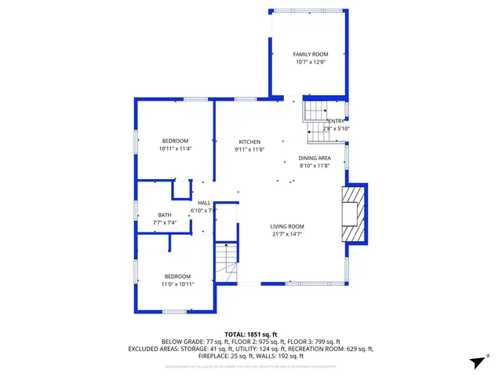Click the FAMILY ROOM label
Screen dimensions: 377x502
(x=308, y=54)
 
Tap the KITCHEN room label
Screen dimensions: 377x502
(x=249, y=142)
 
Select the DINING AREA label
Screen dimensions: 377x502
(x=315, y=158)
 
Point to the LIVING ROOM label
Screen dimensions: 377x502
(x=288, y=226)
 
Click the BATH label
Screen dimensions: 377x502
(x=164, y=215)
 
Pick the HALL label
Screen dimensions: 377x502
(x=204, y=203)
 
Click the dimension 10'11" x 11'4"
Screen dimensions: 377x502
(x=175, y=148)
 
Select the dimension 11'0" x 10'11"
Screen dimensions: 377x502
(x=177, y=284)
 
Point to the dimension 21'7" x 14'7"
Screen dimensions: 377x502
(x=288, y=234)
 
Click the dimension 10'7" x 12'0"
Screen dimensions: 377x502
(x=308, y=62)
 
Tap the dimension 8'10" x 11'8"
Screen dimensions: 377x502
(x=315, y=166)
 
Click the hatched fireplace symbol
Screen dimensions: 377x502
(x=354, y=214)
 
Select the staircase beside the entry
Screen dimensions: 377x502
(x=316, y=118)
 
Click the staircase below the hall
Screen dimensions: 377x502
(x=226, y=263)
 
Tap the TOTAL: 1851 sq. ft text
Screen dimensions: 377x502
(x=251, y=335)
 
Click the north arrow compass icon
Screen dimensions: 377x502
(x=475, y=361)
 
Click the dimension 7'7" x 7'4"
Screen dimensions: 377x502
(x=165, y=223)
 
